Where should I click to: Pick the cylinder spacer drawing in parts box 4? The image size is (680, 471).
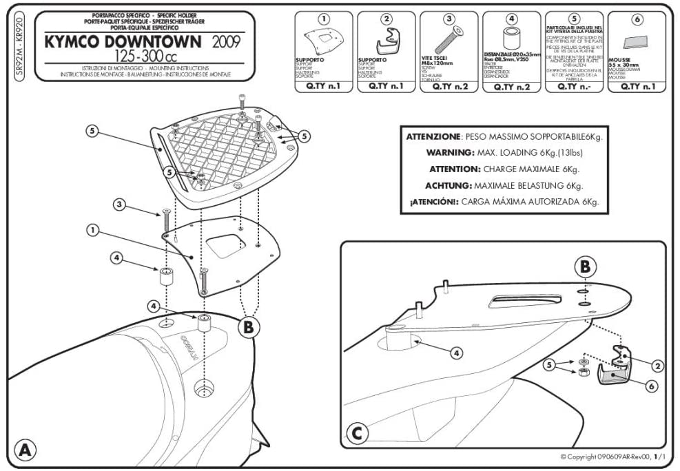(511, 40)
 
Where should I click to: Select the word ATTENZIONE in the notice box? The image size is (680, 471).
(432, 136)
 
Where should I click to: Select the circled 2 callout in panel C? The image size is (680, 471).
(657, 366)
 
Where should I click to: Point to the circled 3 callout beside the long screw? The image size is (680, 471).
(119, 204)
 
